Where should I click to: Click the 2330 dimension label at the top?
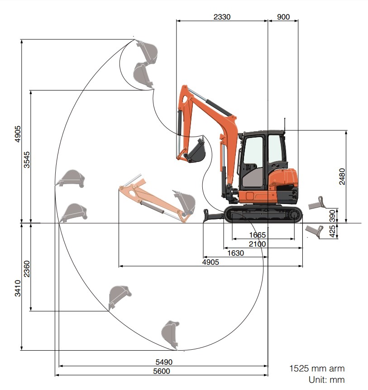pyautogui.click(x=222, y=17)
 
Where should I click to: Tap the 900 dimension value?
pyautogui.click(x=283, y=17)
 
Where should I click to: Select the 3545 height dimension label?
pyautogui.click(x=27, y=160)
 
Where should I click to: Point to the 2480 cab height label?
pyautogui.click(x=342, y=176)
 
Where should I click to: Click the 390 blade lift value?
pyautogui.click(x=332, y=216)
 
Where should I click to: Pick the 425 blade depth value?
pyautogui.click(x=332, y=231)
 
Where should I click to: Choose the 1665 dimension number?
pyautogui.click(x=257, y=235)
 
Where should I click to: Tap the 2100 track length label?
pyautogui.click(x=257, y=244)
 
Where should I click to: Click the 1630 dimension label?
pyautogui.click(x=235, y=253)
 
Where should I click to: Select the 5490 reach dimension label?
pyautogui.click(x=164, y=362)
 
